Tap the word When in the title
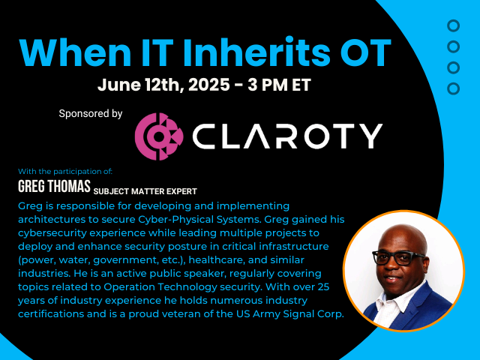pyautogui.click(x=75, y=52)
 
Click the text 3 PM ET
pyautogui.click(x=279, y=85)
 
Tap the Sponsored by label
pyautogui.click(x=91, y=114)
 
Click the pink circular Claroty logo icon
pyautogui.click(x=159, y=136)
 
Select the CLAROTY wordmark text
pyautogui.click(x=287, y=136)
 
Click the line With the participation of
pyautogui.click(x=65, y=172)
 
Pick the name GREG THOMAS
pyautogui.click(x=54, y=186)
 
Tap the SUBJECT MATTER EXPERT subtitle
pyautogui.click(x=145, y=192)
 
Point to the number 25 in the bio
pyautogui.click(x=323, y=287)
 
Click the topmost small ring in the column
pyautogui.click(x=453, y=26)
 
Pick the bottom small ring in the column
pyautogui.click(x=453, y=88)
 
